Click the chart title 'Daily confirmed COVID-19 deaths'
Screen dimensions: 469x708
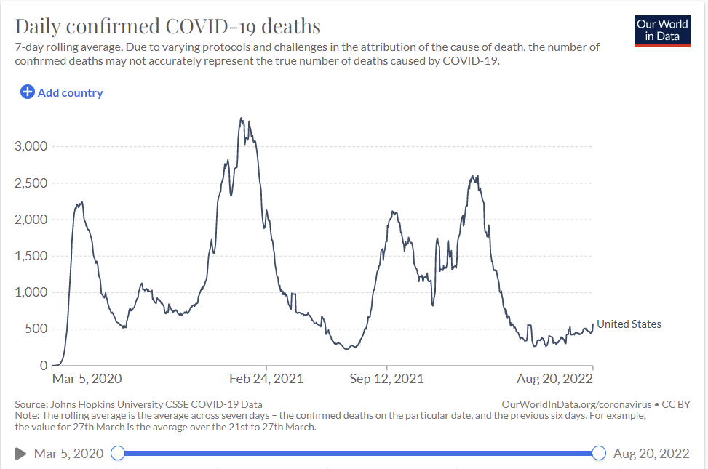[168, 27]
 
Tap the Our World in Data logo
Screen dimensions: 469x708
[662, 30]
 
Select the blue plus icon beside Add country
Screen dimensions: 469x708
[27, 92]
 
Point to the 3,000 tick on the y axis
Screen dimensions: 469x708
[31, 146]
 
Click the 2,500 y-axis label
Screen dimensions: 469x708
[31, 183]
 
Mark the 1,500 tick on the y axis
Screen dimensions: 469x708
[31, 256]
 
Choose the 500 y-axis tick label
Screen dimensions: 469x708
[36, 329]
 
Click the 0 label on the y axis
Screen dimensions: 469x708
[44, 365]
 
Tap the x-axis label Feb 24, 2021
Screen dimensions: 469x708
[266, 379]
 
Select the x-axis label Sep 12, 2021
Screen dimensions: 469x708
[386, 379]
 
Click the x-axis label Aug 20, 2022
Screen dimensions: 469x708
[555, 379]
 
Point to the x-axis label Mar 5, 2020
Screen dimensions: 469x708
[87, 379]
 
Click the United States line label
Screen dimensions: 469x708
[629, 324]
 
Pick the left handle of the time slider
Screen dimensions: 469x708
[117, 454]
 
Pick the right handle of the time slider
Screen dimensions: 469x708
[599, 454]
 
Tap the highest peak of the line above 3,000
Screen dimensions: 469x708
[241, 118]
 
